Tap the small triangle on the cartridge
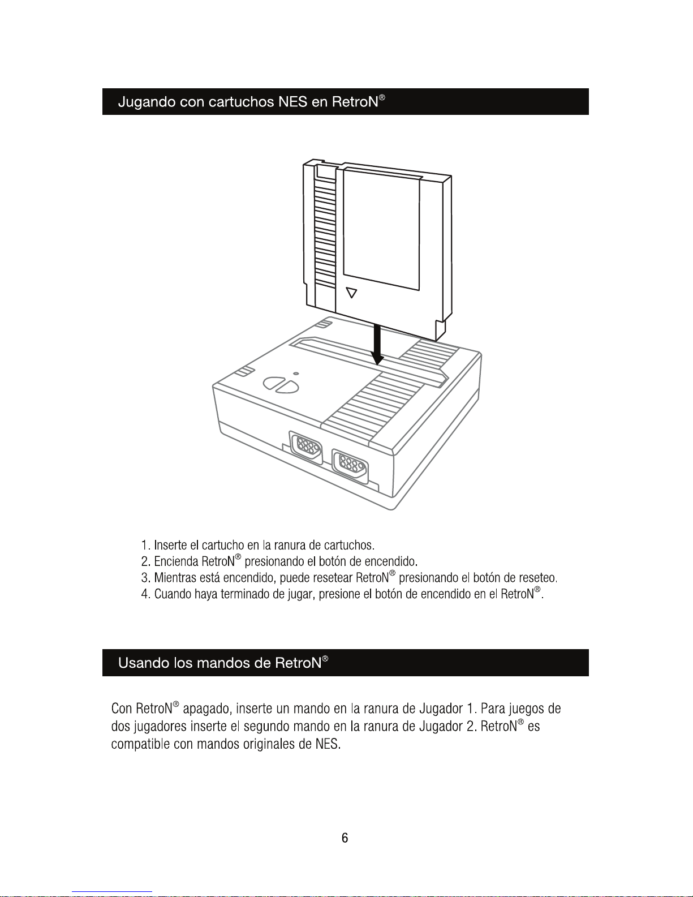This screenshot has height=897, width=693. [352, 293]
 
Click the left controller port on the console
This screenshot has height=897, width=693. [306, 448]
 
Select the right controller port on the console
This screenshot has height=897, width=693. [350, 465]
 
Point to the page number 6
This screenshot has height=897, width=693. [345, 838]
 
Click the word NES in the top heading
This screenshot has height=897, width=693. [292, 102]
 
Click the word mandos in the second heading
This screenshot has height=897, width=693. [223, 663]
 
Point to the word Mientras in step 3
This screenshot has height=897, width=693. [175, 578]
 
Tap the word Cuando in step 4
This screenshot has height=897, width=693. [173, 594]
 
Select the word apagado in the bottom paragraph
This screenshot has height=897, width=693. [207, 709]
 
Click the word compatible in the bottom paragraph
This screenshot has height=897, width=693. [141, 744]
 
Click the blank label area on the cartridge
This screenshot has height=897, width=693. [381, 226]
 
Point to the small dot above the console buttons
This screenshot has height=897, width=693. [296, 374]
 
